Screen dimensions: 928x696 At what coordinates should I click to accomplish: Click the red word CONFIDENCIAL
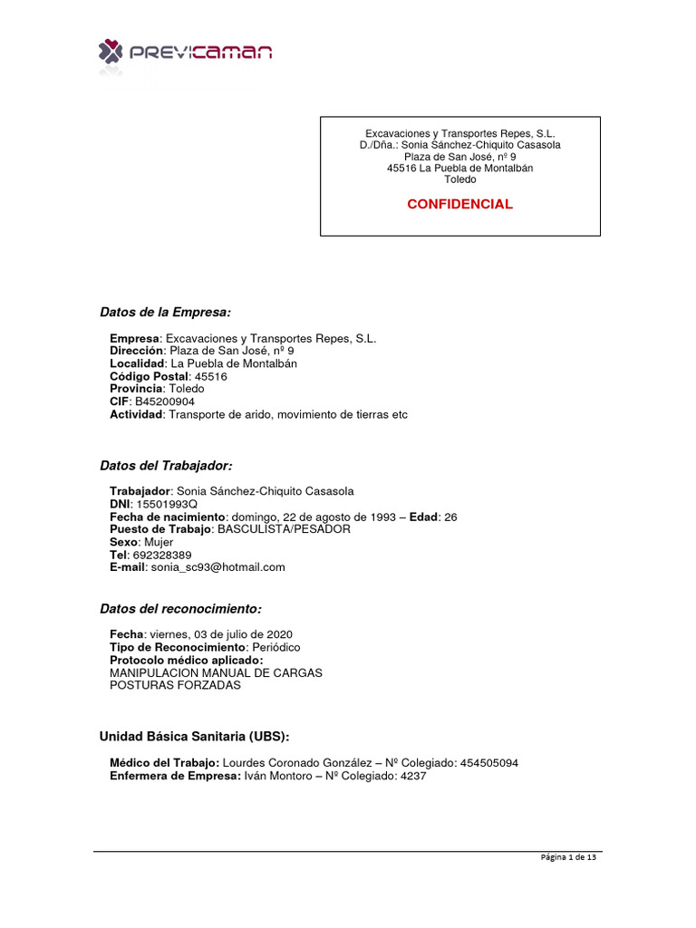coord(459,204)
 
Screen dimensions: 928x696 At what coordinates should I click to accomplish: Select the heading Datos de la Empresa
coord(165,313)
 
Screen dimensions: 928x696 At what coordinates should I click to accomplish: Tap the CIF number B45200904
coord(164,401)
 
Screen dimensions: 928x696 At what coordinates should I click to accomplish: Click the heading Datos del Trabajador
coord(166,466)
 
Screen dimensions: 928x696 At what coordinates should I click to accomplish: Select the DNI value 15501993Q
coord(166,504)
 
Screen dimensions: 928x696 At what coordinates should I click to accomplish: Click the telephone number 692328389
coord(160,555)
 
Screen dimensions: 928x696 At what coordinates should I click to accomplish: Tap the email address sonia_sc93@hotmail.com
coord(218,567)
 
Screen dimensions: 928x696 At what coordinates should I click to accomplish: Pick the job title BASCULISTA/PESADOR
coord(283,529)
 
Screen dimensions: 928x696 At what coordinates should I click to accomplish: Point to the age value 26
coord(450,517)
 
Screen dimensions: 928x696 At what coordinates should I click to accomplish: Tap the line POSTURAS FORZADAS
coord(175,685)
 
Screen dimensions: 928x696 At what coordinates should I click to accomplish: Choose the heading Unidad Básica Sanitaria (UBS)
coord(194,736)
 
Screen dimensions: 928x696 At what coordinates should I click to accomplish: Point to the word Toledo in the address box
coord(459,179)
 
